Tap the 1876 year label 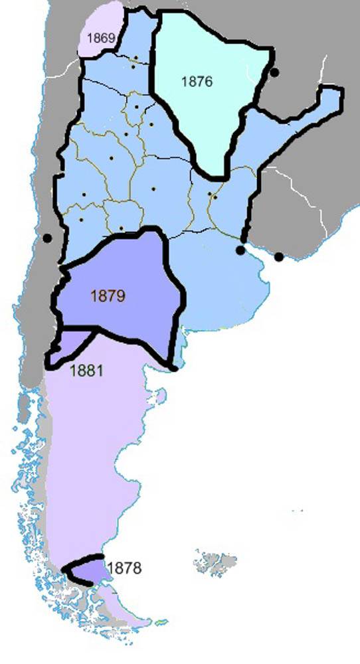point(197,82)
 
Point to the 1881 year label point(86,371)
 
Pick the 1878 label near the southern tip point(124,568)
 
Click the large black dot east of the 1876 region point(274,71)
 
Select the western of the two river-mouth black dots point(240,250)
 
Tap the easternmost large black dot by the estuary point(279,256)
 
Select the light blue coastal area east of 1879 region point(219,279)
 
